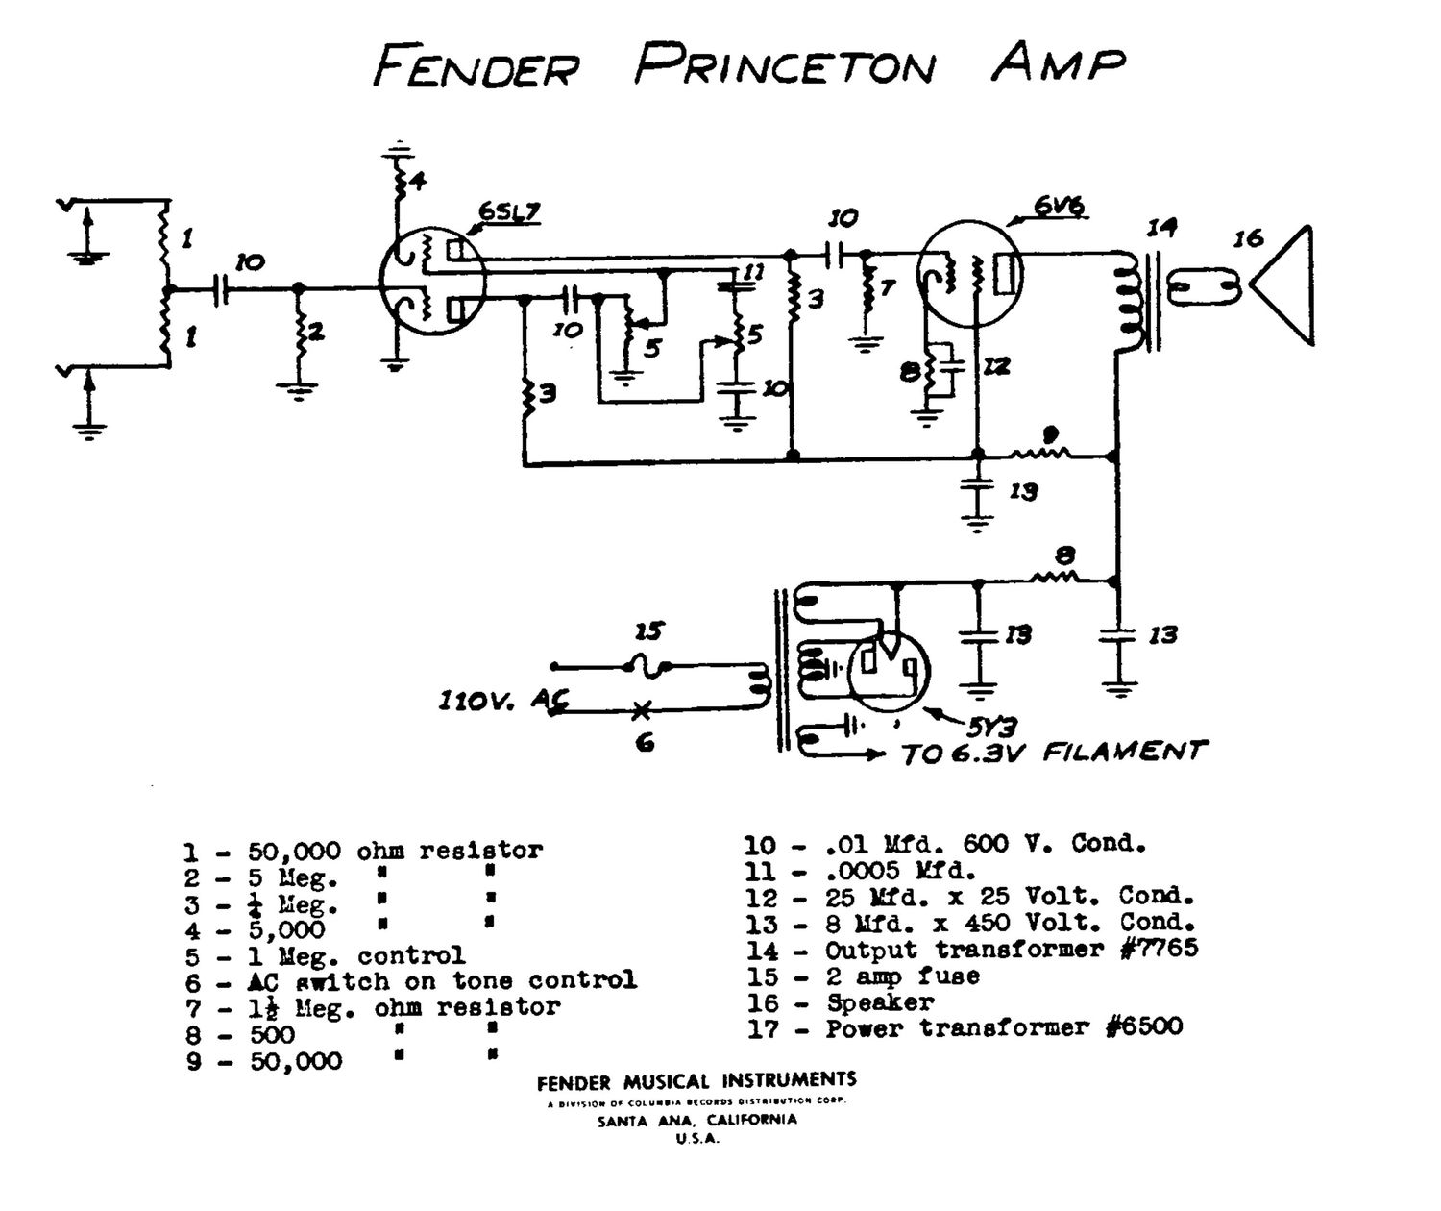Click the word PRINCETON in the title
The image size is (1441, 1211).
(783, 65)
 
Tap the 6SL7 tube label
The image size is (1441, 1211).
(508, 212)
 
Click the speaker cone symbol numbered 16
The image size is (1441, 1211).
(1283, 285)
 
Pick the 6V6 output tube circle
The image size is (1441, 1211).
(968, 274)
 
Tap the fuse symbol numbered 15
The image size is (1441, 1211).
(647, 664)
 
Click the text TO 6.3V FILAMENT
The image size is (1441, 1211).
(1053, 752)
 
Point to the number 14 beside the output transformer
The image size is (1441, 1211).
(1160, 228)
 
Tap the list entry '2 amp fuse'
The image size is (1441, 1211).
(902, 976)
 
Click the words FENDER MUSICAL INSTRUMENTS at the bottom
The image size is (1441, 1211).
(696, 1081)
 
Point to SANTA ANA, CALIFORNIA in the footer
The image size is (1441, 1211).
(696, 1121)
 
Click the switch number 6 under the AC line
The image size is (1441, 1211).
(646, 742)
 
